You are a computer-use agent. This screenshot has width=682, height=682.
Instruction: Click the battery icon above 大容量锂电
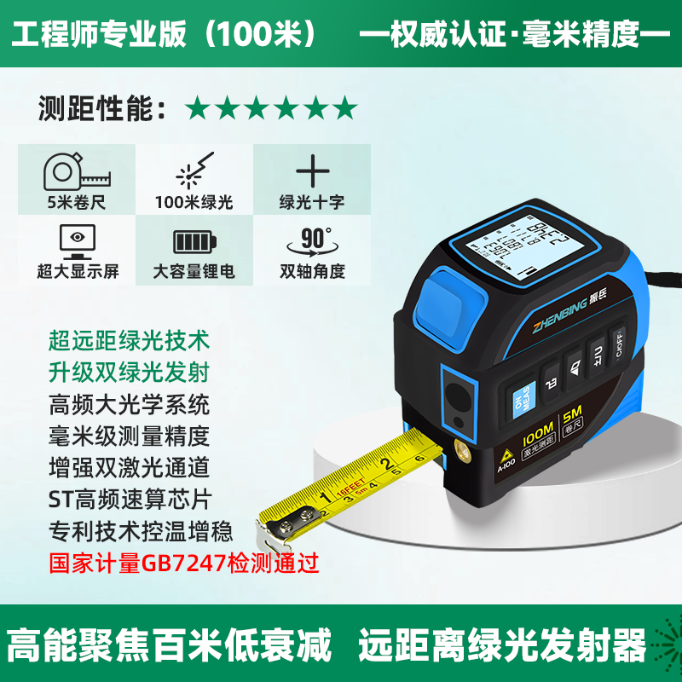(194, 242)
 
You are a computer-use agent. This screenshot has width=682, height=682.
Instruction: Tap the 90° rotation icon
(312, 240)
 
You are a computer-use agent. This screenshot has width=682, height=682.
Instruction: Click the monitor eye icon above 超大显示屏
(78, 240)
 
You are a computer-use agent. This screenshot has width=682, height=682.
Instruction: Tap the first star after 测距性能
(198, 107)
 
